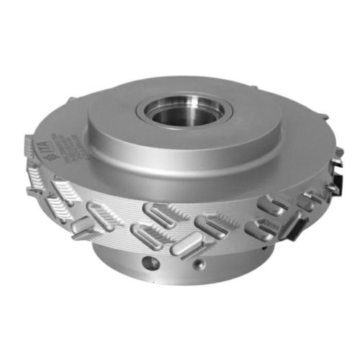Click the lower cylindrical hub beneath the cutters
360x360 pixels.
click(x=173, y=270)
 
